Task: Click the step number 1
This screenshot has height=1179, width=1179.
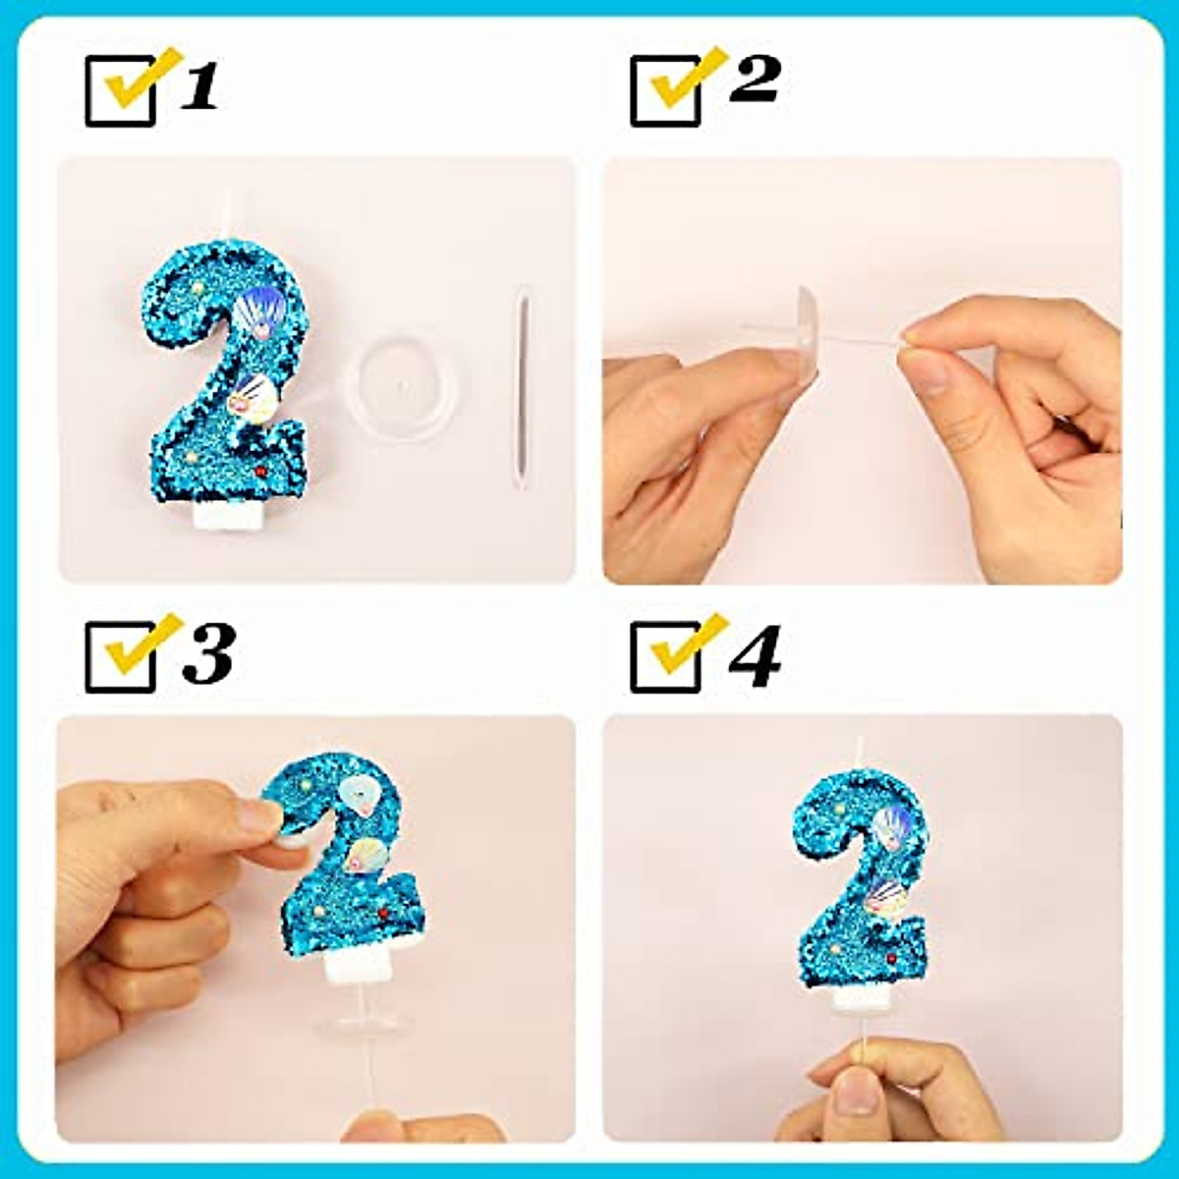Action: pyautogui.click(x=200, y=86)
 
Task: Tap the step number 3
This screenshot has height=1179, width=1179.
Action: pyautogui.click(x=208, y=653)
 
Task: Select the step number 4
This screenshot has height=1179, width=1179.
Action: pyautogui.click(x=755, y=653)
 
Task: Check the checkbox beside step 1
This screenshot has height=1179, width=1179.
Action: pyautogui.click(x=121, y=90)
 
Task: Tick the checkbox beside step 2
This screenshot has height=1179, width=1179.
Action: pyautogui.click(x=665, y=90)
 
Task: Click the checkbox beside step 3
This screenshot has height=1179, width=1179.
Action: pyautogui.click(x=121, y=656)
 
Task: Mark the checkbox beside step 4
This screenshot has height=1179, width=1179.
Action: pyautogui.click(x=665, y=656)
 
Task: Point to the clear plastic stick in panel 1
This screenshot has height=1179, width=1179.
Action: pyautogui.click(x=522, y=388)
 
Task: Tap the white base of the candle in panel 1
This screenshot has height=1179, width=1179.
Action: pyautogui.click(x=228, y=515)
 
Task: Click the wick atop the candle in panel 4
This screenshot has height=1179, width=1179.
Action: pyautogui.click(x=859, y=753)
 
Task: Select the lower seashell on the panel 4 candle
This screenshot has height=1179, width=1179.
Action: pyautogui.click(x=887, y=897)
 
